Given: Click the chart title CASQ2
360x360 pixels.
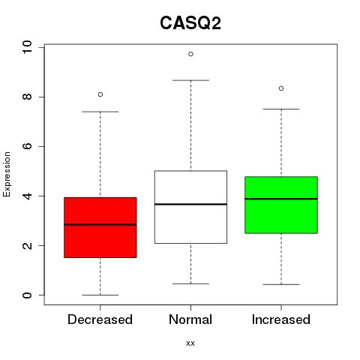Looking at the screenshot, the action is click(x=190, y=23).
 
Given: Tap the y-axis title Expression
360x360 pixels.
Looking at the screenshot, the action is click(x=7, y=174).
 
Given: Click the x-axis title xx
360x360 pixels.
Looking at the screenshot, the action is click(x=190, y=343).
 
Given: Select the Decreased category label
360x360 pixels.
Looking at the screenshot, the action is click(x=100, y=319).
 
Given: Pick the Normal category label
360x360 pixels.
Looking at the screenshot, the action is click(x=190, y=319).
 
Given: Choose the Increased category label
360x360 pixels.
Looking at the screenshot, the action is click(x=281, y=319).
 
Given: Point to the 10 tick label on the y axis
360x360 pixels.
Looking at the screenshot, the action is click(x=27, y=47).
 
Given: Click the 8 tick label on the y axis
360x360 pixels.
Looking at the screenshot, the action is click(x=27, y=97).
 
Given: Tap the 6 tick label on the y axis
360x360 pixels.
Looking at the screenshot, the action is click(x=27, y=146).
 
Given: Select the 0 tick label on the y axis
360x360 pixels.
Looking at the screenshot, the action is click(x=27, y=295).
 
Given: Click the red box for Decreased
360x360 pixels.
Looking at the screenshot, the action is click(x=100, y=227).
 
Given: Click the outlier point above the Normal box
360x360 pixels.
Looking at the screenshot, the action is click(x=190, y=54).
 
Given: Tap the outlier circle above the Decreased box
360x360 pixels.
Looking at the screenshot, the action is click(x=100, y=94).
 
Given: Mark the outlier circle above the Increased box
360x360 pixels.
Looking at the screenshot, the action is click(x=281, y=88).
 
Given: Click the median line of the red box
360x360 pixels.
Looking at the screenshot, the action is click(x=100, y=225).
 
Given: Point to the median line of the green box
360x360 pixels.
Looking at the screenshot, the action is click(x=281, y=199).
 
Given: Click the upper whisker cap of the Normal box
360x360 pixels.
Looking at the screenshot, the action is click(x=190, y=80).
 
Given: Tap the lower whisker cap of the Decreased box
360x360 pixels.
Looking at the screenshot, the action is click(x=100, y=295).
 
